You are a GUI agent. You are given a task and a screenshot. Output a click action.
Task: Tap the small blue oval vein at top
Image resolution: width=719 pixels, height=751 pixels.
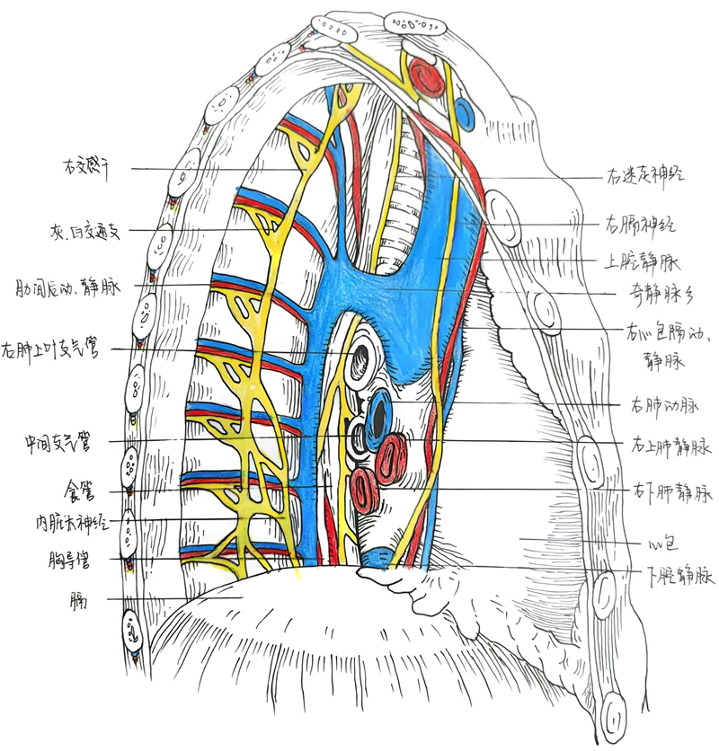465,112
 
